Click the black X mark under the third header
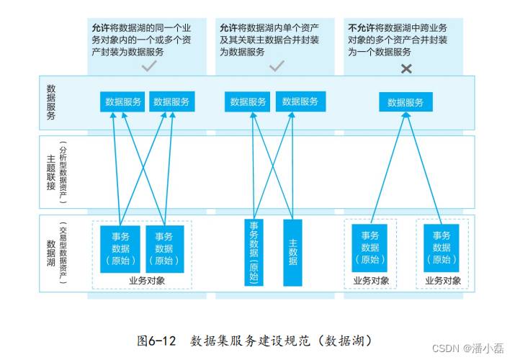[x=406, y=68]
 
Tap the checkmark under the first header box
[x=149, y=66]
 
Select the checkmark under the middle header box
[x=277, y=66]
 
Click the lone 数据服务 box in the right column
[x=406, y=102]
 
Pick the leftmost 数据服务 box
[x=122, y=102]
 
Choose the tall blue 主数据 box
[x=292, y=253]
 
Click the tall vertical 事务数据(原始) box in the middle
[x=254, y=253]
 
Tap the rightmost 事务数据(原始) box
[x=441, y=248]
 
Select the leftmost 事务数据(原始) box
[x=120, y=249]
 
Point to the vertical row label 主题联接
[x=51, y=172]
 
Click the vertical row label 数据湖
[x=51, y=253]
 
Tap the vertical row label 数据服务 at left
[x=51, y=102]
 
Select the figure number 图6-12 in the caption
[x=157, y=341]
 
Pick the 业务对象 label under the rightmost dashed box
[x=443, y=281]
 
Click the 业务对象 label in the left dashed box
[x=147, y=281]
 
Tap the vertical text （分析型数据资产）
[x=63, y=173]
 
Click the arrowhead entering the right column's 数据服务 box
[x=406, y=115]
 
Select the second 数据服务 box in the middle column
[x=300, y=102]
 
